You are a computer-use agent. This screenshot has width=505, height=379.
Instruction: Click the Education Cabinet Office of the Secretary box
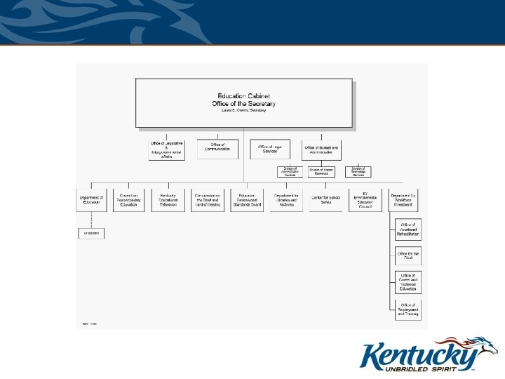pyautogui.click(x=243, y=104)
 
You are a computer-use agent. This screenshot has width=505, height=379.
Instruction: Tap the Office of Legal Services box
pyautogui.click(x=269, y=149)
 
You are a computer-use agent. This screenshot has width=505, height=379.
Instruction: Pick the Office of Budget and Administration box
pyautogui.click(x=321, y=149)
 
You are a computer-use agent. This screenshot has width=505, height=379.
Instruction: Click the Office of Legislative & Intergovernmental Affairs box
pyautogui.click(x=166, y=150)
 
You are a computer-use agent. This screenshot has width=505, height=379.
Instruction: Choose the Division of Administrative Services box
pyautogui.click(x=290, y=172)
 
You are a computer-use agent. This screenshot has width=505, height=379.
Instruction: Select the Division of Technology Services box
pyautogui.click(x=358, y=172)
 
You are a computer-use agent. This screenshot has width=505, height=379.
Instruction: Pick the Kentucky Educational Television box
pyautogui.click(x=168, y=201)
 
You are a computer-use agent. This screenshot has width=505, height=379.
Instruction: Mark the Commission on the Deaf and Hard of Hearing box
pyautogui.click(x=207, y=201)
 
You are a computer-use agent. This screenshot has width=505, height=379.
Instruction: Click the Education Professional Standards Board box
pyautogui.click(x=246, y=201)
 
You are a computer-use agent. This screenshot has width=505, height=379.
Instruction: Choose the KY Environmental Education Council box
pyautogui.click(x=365, y=201)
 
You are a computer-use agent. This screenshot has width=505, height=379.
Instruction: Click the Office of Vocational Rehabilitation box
pyautogui.click(x=408, y=231)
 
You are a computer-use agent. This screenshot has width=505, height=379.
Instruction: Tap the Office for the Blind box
pyautogui.click(x=408, y=255)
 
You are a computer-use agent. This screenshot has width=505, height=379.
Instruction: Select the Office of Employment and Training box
pyautogui.click(x=408, y=309)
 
